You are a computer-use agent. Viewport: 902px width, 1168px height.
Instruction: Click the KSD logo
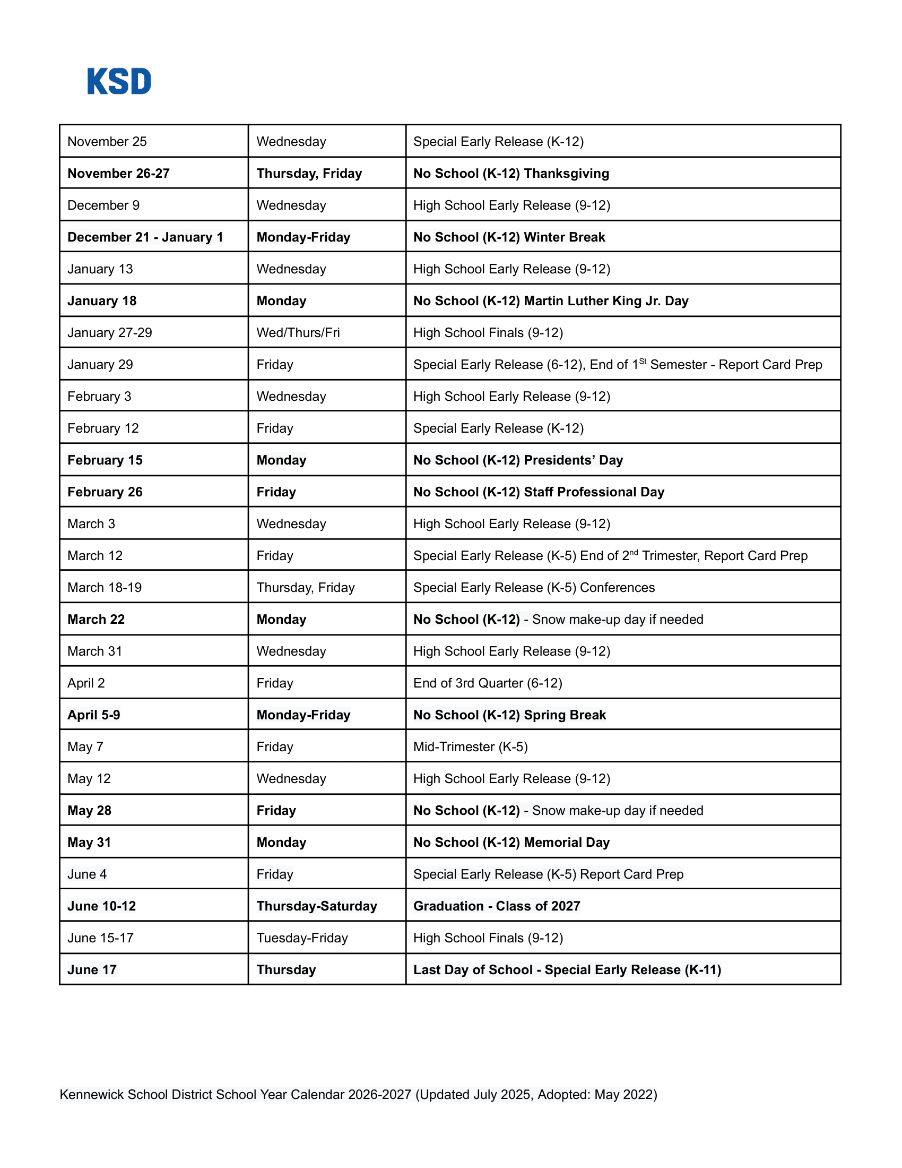[x=119, y=81]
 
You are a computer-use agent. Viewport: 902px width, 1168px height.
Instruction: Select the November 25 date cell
[x=107, y=142]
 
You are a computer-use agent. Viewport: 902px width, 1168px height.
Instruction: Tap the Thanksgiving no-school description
[x=511, y=173]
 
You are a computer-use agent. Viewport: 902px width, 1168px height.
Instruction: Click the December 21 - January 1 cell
[x=145, y=237]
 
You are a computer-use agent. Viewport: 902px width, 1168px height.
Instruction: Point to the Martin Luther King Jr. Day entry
[x=550, y=300]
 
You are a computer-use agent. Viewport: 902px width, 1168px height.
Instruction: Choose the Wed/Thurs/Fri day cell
[x=298, y=333]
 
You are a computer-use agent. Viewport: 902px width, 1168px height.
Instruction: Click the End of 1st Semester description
[x=617, y=365]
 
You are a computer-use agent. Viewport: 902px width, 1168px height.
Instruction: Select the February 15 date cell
[x=105, y=460]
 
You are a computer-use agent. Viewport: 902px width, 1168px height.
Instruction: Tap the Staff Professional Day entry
[x=539, y=492]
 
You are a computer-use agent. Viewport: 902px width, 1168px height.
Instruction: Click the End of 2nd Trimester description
[x=610, y=556]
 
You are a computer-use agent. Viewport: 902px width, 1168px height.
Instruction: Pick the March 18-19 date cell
[x=104, y=587]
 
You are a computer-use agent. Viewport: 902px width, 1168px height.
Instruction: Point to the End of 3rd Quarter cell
[x=487, y=683]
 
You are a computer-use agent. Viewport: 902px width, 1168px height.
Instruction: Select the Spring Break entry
[x=509, y=715]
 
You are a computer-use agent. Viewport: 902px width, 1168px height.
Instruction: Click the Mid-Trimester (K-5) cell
[x=470, y=746]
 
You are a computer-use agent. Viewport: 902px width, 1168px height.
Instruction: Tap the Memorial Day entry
[x=511, y=843]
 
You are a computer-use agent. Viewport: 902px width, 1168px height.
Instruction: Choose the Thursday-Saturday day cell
[x=316, y=906]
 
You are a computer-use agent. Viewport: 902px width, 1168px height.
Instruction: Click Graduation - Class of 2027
[x=497, y=906]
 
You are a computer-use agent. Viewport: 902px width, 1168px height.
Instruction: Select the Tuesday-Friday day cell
[x=302, y=938]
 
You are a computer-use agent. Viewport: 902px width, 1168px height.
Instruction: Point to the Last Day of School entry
[x=567, y=969]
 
